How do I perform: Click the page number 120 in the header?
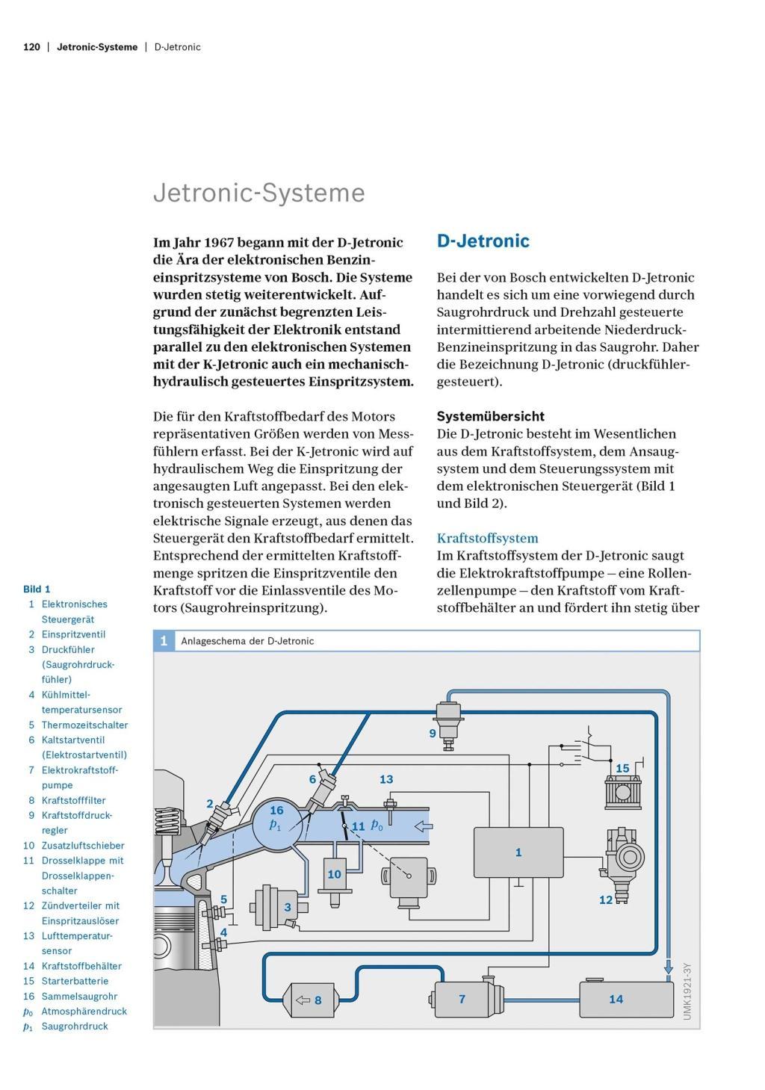click(31, 47)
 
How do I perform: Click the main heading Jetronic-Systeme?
click(258, 193)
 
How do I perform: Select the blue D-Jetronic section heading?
click(483, 241)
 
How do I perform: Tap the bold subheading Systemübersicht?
click(490, 416)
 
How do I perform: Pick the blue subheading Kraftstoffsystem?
click(487, 538)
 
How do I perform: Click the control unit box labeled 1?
click(518, 852)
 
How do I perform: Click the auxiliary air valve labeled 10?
click(335, 875)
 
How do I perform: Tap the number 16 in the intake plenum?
click(276, 811)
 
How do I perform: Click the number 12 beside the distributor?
click(606, 899)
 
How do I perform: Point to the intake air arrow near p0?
click(424, 826)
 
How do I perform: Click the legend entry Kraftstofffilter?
click(73, 800)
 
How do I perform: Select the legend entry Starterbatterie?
click(75, 981)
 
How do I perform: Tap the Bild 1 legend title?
click(37, 589)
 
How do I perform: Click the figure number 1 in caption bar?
click(164, 641)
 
